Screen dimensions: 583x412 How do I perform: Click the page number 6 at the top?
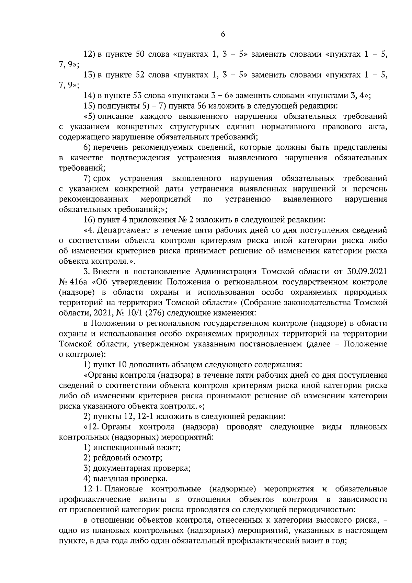[223, 34]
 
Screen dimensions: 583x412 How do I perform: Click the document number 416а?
[80, 282]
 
